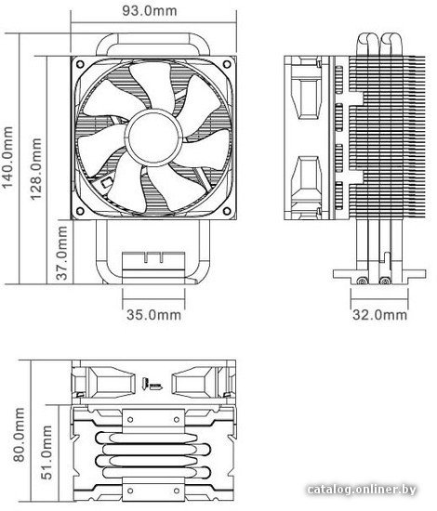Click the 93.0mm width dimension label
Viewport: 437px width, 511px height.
pos(150,10)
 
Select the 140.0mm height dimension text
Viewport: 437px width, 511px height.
pos(7,158)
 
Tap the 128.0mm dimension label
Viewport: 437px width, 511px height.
pos(36,169)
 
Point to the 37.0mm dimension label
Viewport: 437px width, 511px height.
pos(61,254)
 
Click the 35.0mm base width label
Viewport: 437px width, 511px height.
pos(153,315)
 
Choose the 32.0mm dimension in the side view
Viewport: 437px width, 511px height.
pos(380,315)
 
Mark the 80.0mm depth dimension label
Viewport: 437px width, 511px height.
pos(19,435)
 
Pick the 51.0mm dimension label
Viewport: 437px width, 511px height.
pos(46,452)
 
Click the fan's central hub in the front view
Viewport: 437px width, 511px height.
pos(153,138)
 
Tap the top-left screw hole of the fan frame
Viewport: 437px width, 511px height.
pos(80,64)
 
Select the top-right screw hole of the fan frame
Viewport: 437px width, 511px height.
pos(227,64)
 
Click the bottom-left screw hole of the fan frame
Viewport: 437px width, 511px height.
pos(80,211)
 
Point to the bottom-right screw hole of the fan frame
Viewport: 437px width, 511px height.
pos(227,211)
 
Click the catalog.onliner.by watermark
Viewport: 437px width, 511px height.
pos(362,489)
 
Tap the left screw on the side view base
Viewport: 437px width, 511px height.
pos(361,281)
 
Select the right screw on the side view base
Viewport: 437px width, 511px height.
pos(386,281)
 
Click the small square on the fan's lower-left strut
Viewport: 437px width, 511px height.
pos(106,182)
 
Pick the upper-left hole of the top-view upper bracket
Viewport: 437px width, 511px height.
pos(130,419)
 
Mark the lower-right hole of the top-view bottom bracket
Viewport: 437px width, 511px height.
pos(177,491)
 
